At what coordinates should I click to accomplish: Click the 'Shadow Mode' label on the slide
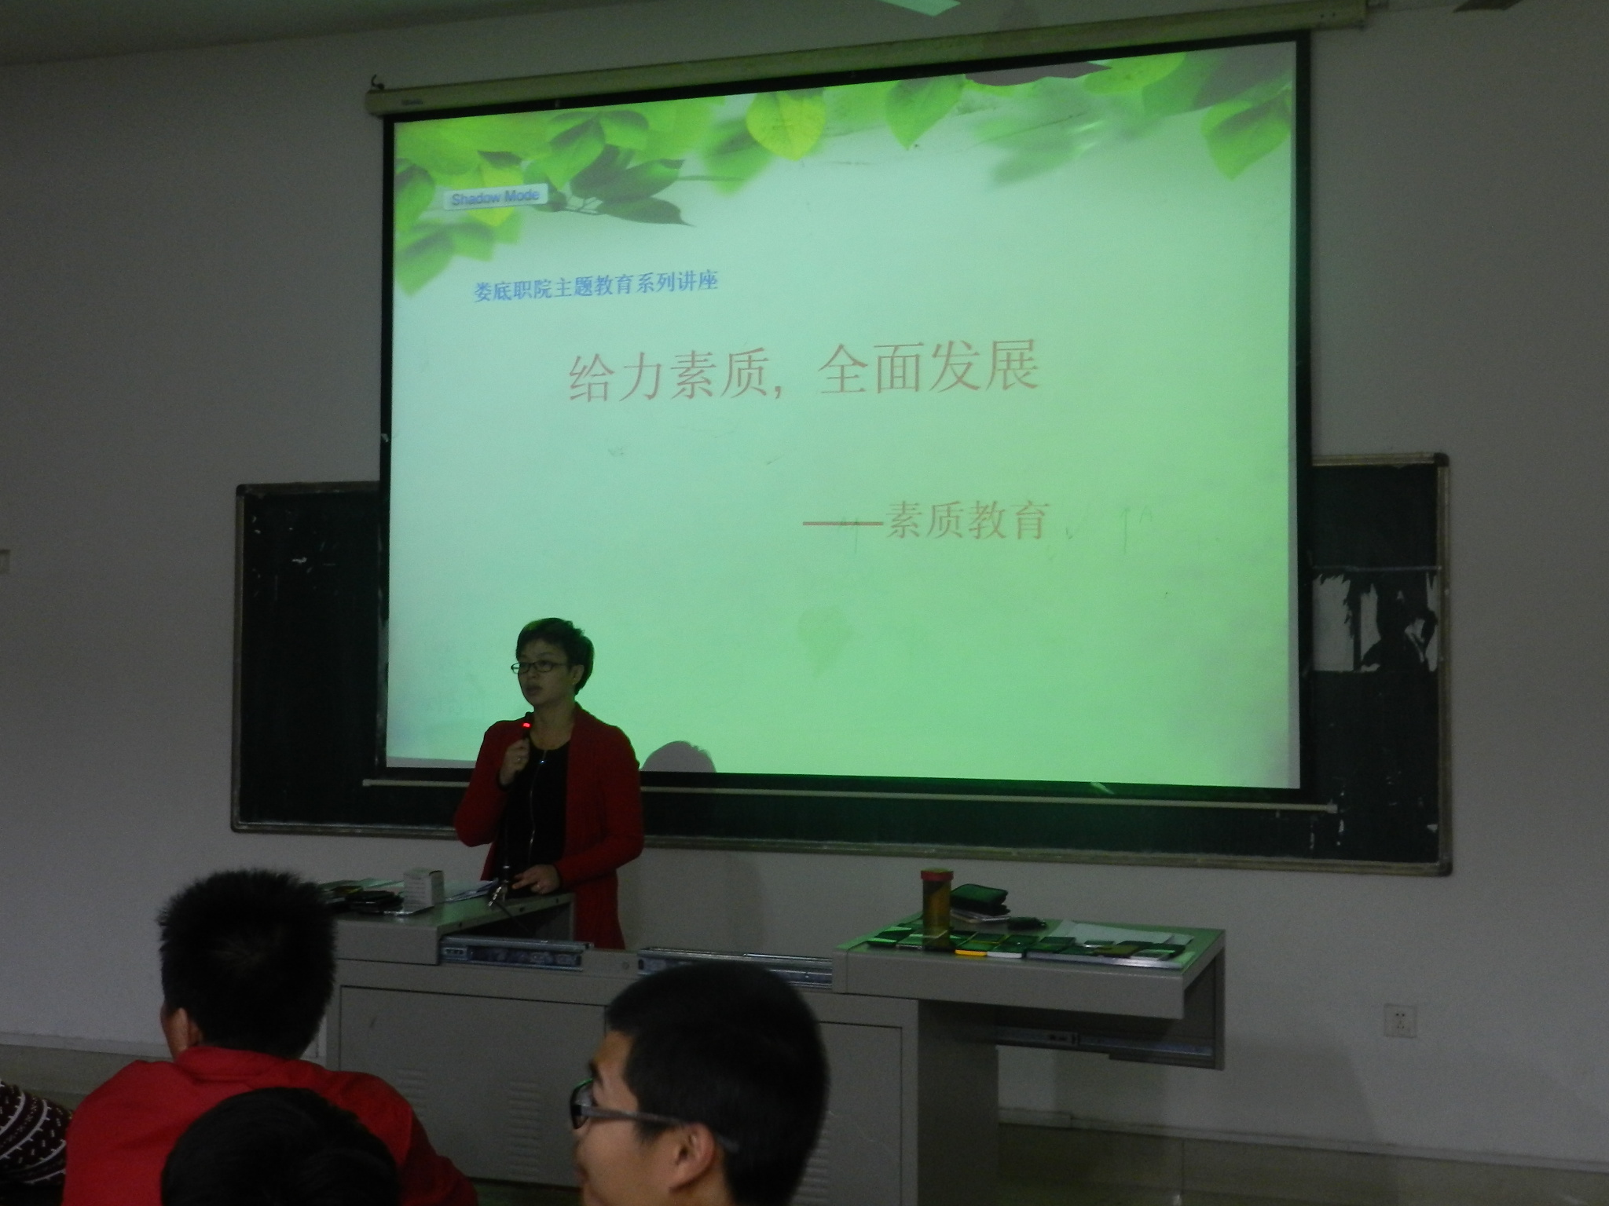[493, 196]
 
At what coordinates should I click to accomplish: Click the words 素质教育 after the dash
[966, 521]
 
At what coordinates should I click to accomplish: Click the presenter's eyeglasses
[537, 666]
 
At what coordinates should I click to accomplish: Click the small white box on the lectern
[423, 886]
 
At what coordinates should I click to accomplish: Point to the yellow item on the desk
[970, 952]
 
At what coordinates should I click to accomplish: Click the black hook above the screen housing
[377, 81]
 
